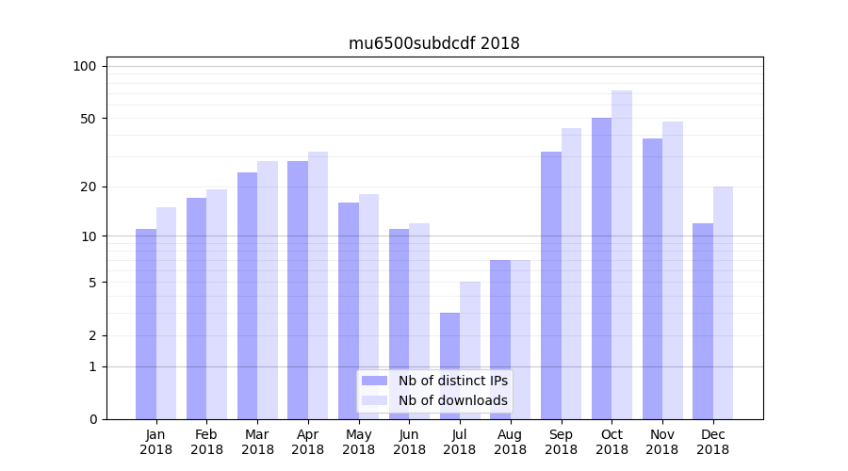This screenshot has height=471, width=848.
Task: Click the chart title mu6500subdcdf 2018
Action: pyautogui.click(x=433, y=43)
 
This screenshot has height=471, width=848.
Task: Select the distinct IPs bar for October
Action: pyautogui.click(x=601, y=268)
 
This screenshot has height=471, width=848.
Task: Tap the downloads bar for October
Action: pyautogui.click(x=622, y=254)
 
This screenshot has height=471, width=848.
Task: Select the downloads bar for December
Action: pyautogui.click(x=723, y=302)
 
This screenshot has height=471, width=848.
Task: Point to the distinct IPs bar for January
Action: pyautogui.click(x=146, y=324)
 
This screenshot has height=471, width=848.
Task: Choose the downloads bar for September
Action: pyautogui.click(x=571, y=273)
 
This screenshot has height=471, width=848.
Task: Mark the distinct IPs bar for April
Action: pyautogui.click(x=298, y=290)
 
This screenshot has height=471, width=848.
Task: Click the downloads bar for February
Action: pyautogui.click(x=217, y=304)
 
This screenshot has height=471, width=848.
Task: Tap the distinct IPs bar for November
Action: pyautogui.click(x=652, y=279)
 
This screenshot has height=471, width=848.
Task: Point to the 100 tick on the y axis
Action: pyautogui.click(x=85, y=66)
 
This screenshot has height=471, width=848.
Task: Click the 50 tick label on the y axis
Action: pyautogui.click(x=89, y=119)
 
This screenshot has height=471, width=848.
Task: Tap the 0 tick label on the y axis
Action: pyautogui.click(x=92, y=419)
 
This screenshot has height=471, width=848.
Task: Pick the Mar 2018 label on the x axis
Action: pyautogui.click(x=257, y=442)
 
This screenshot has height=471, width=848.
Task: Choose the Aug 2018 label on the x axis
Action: pyautogui.click(x=510, y=442)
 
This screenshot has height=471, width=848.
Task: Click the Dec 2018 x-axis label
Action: pyautogui.click(x=712, y=442)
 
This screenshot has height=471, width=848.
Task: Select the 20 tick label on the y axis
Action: pyautogui.click(x=89, y=187)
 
